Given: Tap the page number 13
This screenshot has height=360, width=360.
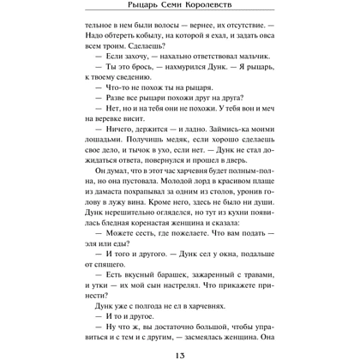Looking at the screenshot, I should coord(180,345).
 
